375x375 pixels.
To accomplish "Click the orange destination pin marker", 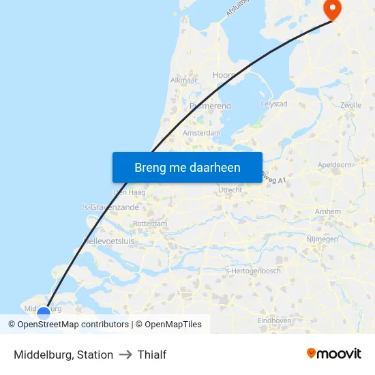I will tap(331, 9).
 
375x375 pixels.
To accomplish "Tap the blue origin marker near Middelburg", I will tap(44, 314).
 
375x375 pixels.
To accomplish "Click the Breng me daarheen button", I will tap(187, 167).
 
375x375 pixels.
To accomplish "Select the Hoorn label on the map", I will tap(223, 76).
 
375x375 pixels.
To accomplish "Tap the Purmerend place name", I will tap(210, 106).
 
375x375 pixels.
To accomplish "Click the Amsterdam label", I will tap(202, 132).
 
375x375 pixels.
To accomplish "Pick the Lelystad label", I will tap(274, 104).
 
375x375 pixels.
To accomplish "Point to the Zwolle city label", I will tap(350, 105).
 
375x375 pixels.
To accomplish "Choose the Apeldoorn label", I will tap(335, 165).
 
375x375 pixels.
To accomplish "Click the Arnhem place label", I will tap(328, 212).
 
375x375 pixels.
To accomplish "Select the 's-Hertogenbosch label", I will tap(253, 271).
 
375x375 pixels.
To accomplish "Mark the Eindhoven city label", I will tap(275, 320).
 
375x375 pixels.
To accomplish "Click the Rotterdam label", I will tap(150, 224).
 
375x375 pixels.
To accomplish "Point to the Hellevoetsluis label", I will tap(108, 241).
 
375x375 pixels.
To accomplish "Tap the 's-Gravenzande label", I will tap(110, 207).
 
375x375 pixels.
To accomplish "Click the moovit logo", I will tap(333, 354).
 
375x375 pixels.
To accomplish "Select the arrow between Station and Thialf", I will tap(125, 355).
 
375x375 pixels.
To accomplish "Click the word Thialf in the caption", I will tap(152, 355).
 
